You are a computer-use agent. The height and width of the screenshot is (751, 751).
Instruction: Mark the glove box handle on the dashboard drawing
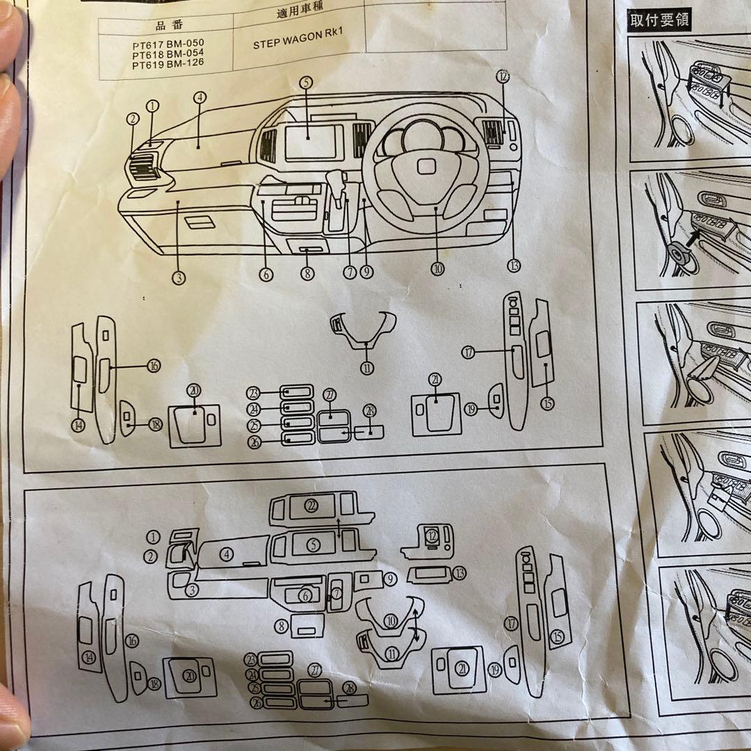[x=201, y=222]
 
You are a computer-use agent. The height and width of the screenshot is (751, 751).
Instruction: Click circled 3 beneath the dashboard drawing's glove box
[x=179, y=277]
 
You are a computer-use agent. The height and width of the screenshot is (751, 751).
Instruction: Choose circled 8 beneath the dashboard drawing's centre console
[x=308, y=273]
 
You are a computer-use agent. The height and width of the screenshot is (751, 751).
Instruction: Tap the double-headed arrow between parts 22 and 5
[x=339, y=528]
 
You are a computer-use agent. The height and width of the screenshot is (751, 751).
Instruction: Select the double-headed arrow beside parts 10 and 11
[x=415, y=624]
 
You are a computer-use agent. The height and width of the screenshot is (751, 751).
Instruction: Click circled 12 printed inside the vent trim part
[x=433, y=535]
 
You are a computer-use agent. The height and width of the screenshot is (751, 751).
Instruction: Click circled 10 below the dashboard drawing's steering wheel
[x=437, y=268]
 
